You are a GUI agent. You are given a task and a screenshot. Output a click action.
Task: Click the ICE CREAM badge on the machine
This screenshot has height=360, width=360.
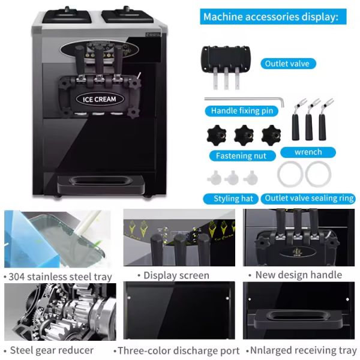(100, 99)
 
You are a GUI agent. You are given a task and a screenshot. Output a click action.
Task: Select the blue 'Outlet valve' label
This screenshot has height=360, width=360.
(287, 64)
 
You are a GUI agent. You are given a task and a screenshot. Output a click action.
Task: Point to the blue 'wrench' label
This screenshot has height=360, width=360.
(308, 152)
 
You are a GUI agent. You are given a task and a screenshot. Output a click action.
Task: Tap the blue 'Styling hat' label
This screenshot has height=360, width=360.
(233, 199)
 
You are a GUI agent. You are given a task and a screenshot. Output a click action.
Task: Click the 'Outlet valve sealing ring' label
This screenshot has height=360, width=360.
(309, 199)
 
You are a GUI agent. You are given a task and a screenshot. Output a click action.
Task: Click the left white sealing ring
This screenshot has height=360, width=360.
(290, 175)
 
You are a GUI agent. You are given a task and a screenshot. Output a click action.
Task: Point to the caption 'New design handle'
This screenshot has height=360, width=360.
(298, 275)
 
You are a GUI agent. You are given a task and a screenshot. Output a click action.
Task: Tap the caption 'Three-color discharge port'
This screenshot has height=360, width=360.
(178, 350)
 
